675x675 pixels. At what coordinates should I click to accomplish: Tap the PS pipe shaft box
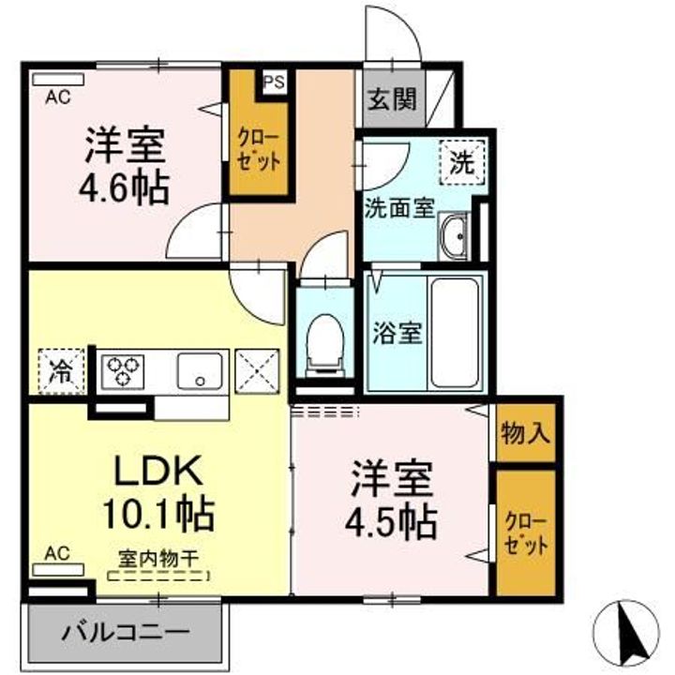point(274,82)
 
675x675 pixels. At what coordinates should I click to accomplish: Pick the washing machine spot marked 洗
point(461,162)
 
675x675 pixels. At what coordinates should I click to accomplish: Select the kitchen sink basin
point(200,369)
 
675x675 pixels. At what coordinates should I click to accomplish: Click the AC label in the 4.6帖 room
point(57,96)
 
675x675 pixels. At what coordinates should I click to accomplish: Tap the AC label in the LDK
point(57,553)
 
